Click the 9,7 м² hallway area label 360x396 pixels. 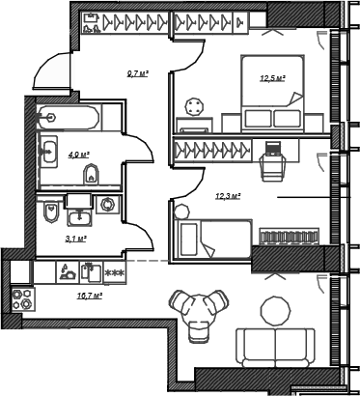138,74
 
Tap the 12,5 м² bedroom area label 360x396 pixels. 273,78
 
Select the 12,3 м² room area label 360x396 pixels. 229,196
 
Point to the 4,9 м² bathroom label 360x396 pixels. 78,155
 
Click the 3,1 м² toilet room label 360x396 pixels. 75,239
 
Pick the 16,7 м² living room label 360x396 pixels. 90,296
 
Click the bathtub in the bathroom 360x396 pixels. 69,117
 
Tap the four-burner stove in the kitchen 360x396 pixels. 22,299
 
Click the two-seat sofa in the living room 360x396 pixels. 276,348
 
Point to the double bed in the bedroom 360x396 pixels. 273,93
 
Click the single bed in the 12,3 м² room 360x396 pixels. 212,239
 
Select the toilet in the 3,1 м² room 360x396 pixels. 51,212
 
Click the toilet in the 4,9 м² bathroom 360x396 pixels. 92,175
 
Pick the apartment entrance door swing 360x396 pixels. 52,71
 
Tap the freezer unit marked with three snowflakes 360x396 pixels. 115,272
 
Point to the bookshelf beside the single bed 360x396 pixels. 290,237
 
